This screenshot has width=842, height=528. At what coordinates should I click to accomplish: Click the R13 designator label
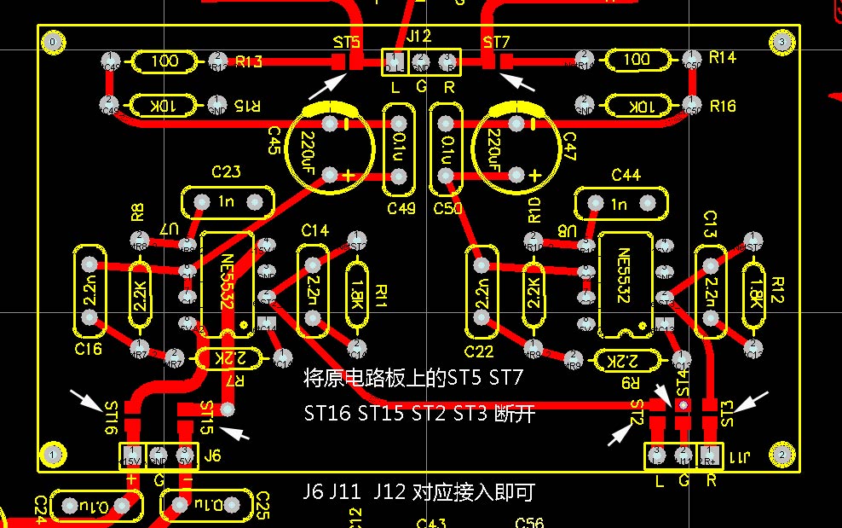pos(249,61)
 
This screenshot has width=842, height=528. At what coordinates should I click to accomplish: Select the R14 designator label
pos(722,57)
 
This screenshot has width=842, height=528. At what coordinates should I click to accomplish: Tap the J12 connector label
pos(419,37)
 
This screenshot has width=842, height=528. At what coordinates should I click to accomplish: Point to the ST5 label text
pos(347,41)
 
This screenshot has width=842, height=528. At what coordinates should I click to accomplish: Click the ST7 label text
pos(496,42)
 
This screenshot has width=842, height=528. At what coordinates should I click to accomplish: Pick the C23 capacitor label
pos(226,172)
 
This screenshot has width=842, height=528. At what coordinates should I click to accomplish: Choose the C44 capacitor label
pos(626,175)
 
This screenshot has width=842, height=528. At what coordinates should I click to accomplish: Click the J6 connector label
pos(212,456)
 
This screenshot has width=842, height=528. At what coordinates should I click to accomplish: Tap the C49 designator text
pos(401,209)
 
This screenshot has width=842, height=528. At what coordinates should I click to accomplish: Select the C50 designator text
pos(447,209)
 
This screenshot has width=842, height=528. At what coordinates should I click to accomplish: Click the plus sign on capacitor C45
pos(348,177)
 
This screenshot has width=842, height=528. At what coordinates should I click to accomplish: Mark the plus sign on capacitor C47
pos(534,176)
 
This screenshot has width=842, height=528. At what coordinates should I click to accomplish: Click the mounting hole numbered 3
pos(781,42)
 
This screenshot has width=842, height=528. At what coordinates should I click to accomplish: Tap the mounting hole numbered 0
pos(55,42)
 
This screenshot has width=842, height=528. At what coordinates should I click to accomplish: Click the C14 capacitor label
pos(314,230)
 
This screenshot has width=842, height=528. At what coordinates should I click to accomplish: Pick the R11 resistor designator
pos(381,295)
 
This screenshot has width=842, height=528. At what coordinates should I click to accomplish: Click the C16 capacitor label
pos(88,350)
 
